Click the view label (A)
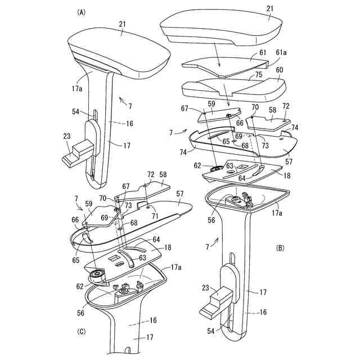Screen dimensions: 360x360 point(82,12)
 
